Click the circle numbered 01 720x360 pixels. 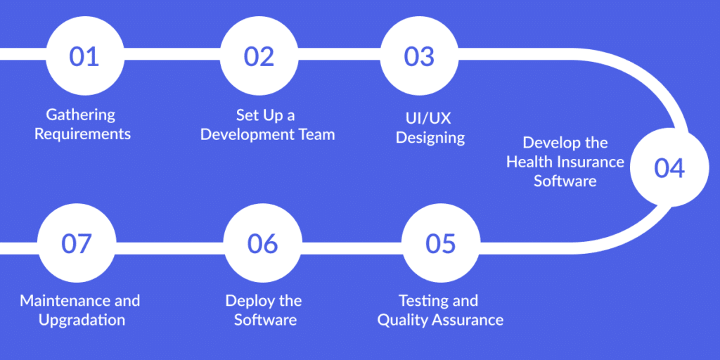[x=85, y=56]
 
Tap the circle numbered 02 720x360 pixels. [x=259, y=56]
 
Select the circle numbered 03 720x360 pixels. [x=419, y=56]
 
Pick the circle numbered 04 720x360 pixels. [x=669, y=167]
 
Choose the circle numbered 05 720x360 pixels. [x=441, y=243]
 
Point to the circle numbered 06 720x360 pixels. [x=263, y=243]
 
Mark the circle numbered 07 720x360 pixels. [x=77, y=243]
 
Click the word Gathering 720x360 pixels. [x=81, y=115]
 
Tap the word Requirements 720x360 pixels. [x=83, y=134]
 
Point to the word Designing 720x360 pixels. [x=430, y=138]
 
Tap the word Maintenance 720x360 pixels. [x=60, y=301]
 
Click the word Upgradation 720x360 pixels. [x=82, y=320]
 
